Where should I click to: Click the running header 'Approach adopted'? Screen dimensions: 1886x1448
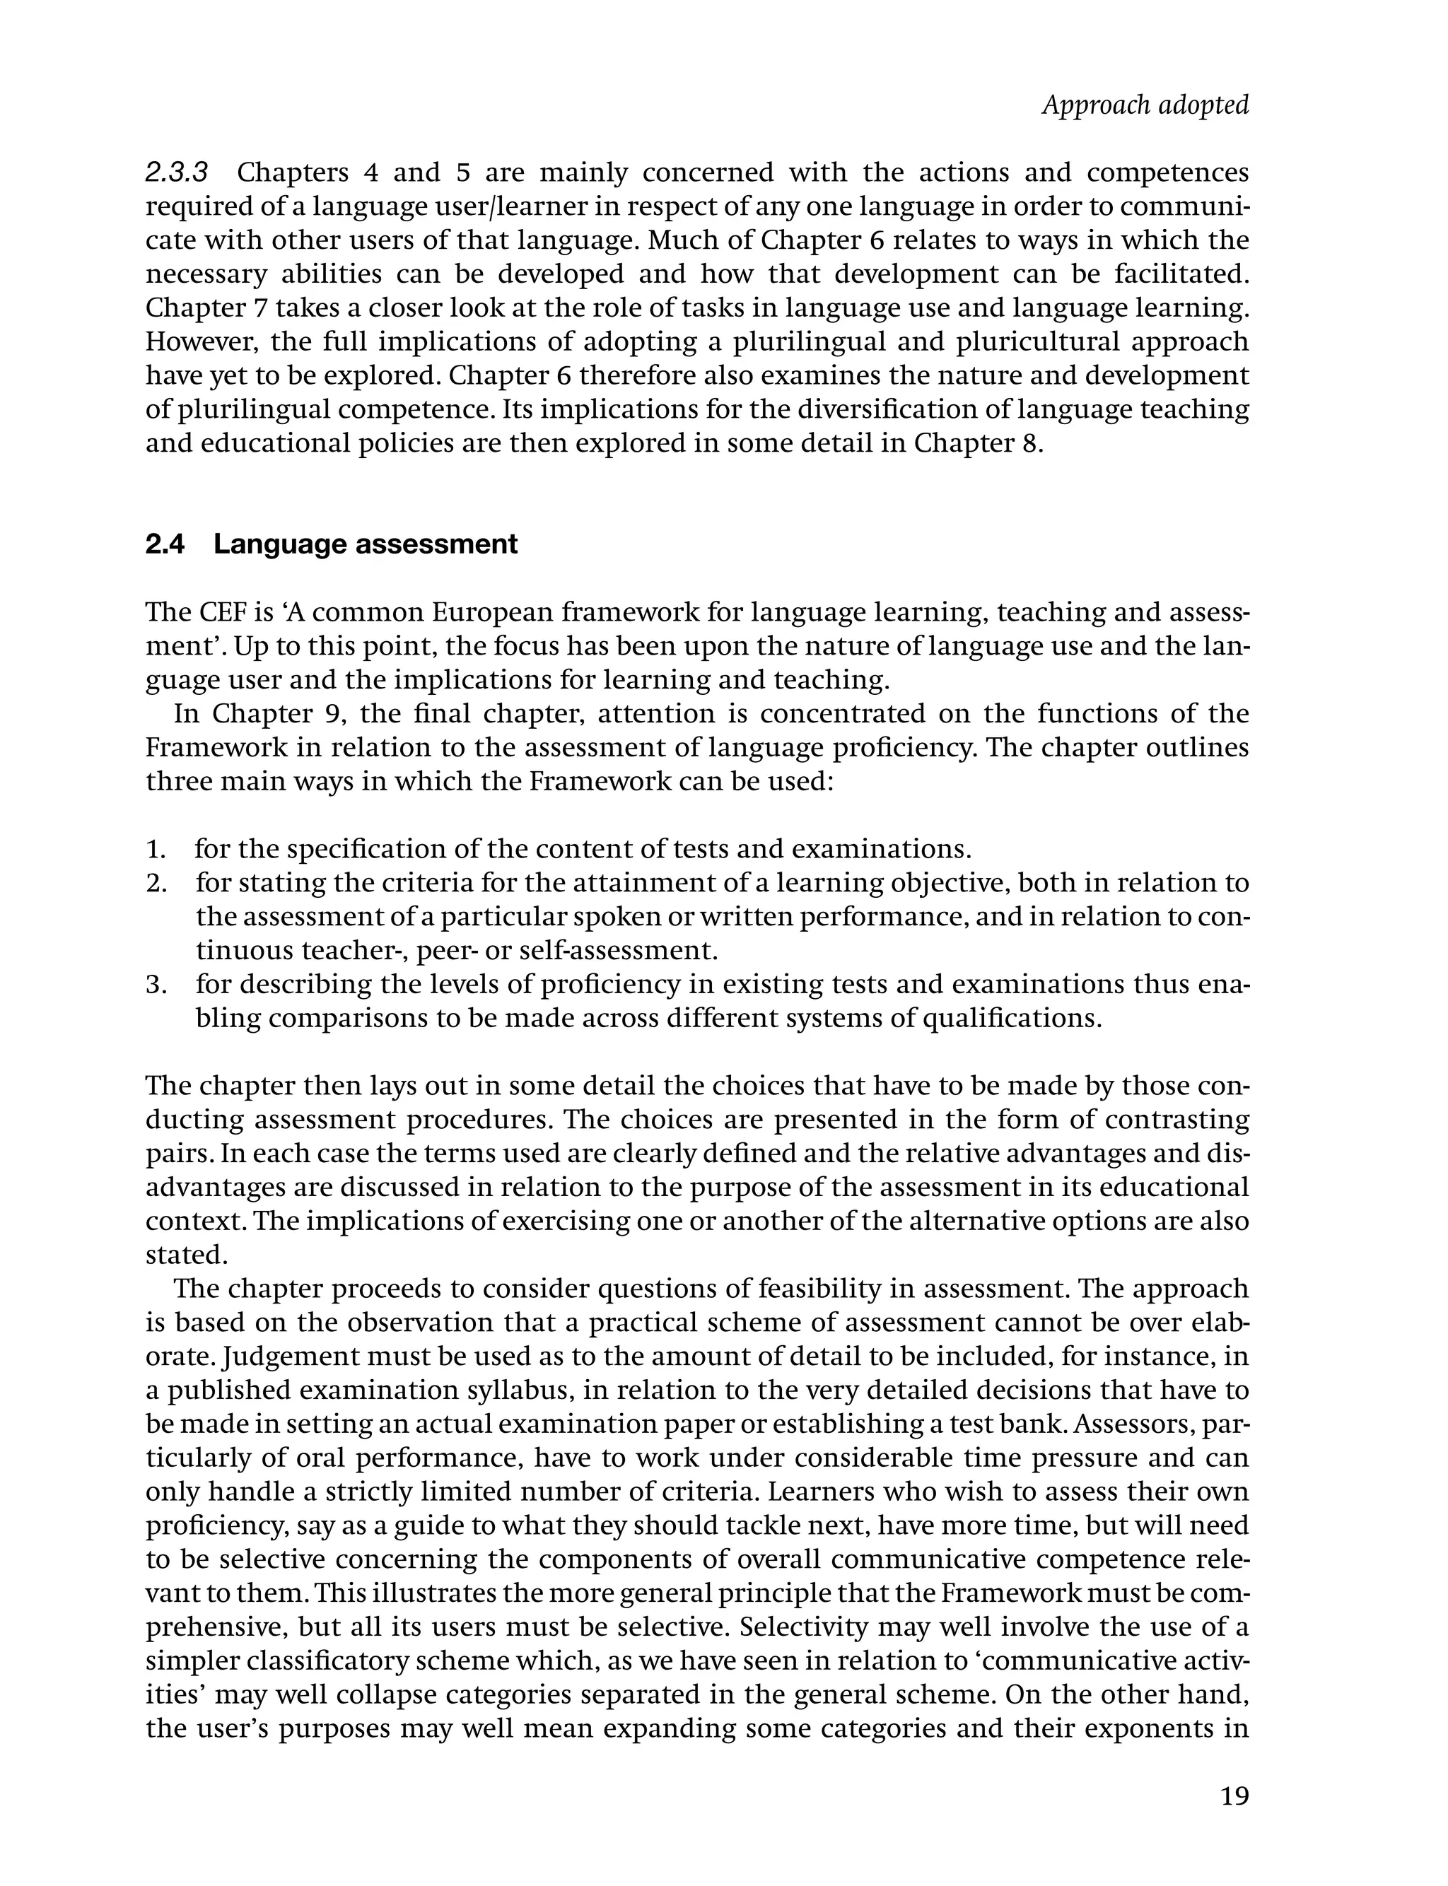tap(1145, 105)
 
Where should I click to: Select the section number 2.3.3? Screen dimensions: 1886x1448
tap(177, 173)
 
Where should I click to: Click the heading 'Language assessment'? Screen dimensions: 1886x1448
tap(366, 544)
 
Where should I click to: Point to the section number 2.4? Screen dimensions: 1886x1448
tap(165, 544)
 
